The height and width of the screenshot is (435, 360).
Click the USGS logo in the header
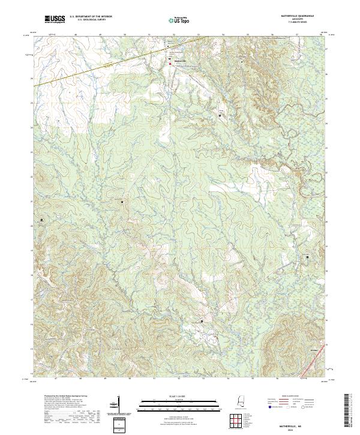[x=55, y=20]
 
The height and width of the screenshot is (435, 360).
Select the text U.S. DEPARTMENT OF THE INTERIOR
[x=90, y=17]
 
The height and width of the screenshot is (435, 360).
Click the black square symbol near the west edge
[x=41, y=220]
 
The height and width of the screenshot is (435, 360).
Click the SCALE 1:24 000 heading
[x=177, y=396]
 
